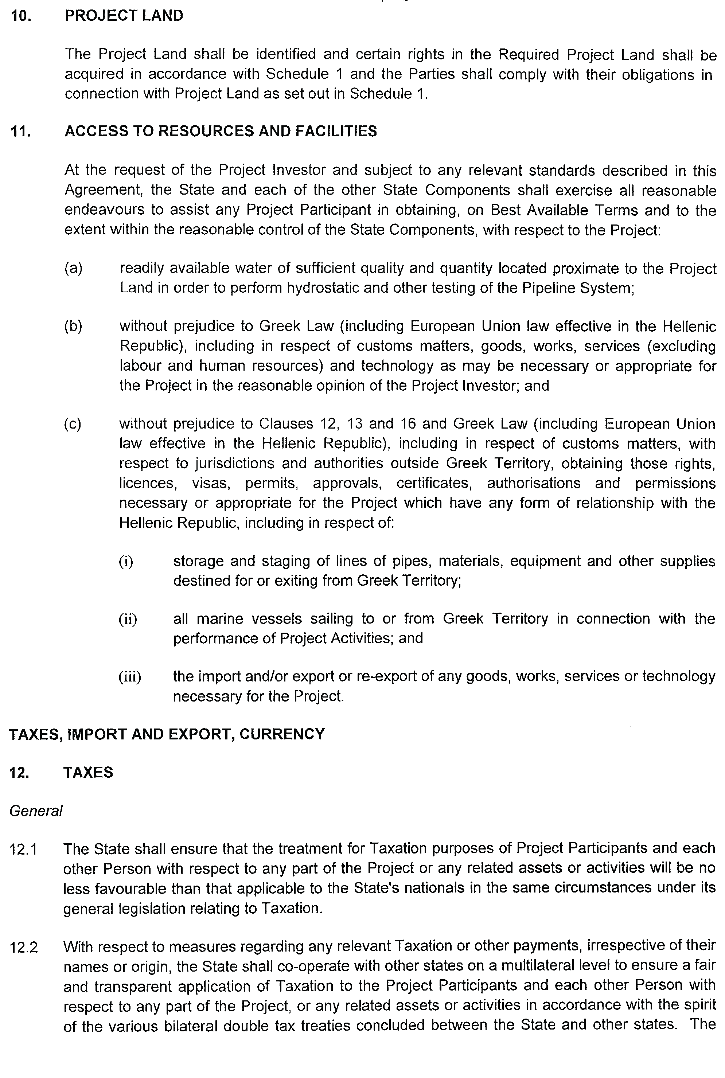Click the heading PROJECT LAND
pos(124,16)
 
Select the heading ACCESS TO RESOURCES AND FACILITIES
pos(221,131)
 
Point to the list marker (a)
pos(73,268)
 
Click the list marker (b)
pos(73,327)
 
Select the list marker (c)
pos(73,424)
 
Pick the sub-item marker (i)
pos(126,562)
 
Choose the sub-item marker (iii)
pos(129,677)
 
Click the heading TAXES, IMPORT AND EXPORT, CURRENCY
pos(167,734)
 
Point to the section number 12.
pos(19,773)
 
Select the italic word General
pos(36,811)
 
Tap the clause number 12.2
pos(24,948)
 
